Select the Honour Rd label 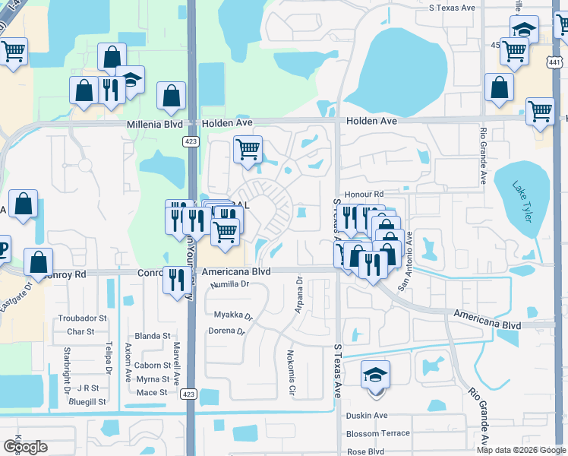point(364,195)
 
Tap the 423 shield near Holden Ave point(191,141)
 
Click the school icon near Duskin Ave point(376,375)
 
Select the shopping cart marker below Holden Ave point(248,149)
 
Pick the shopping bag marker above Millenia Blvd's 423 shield point(172,96)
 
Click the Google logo point(25,446)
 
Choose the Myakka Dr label point(232,314)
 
